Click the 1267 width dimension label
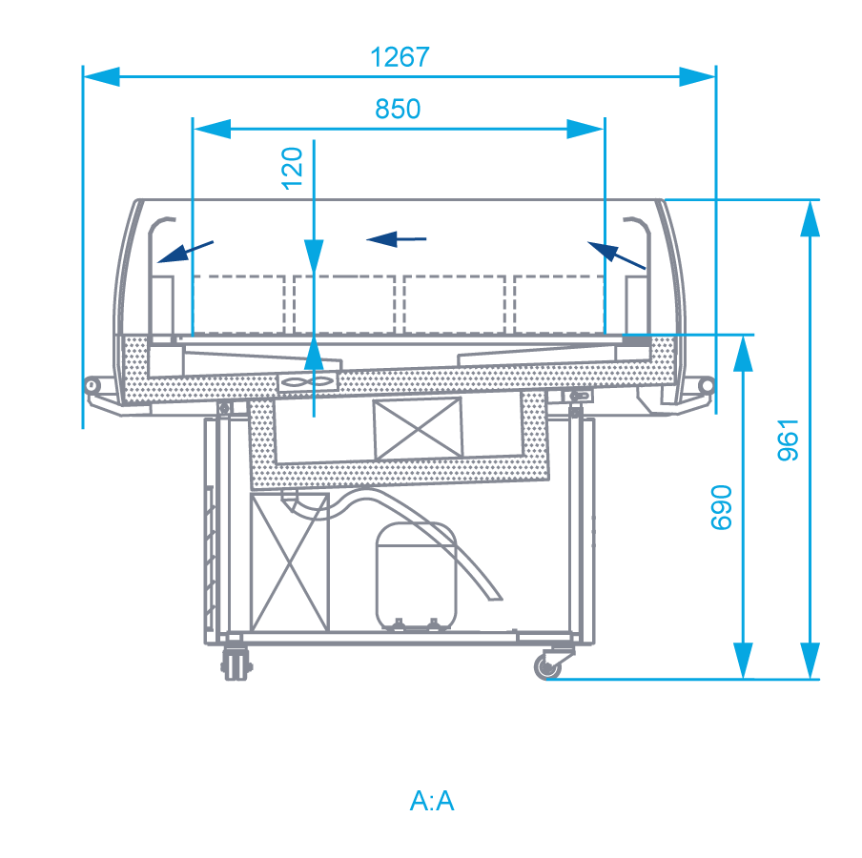click(x=400, y=57)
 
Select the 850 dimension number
click(x=398, y=109)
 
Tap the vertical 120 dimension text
click(x=292, y=169)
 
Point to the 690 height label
click(x=721, y=507)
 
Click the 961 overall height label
click(x=788, y=439)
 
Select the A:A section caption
click(x=432, y=801)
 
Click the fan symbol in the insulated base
click(x=307, y=382)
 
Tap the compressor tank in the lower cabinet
click(x=416, y=576)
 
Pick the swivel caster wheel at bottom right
click(x=548, y=666)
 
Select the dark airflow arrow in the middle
click(x=397, y=239)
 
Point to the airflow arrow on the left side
click(x=185, y=252)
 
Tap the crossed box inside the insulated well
click(x=418, y=429)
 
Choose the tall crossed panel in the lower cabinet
click(x=290, y=562)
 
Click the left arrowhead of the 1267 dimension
click(x=101, y=77)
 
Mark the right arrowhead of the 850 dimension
click(x=586, y=129)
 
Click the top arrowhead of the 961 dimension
click(x=810, y=218)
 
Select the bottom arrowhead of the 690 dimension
click(x=743, y=661)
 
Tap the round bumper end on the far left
click(x=92, y=385)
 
